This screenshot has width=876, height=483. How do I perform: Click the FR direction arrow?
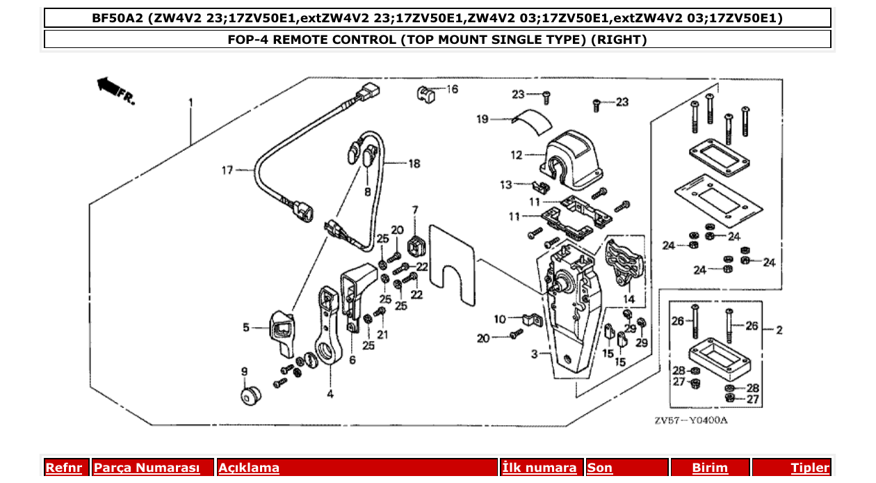111,88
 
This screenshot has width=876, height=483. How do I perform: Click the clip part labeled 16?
426,93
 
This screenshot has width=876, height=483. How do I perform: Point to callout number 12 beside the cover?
516,155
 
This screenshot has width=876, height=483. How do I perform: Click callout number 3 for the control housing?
534,354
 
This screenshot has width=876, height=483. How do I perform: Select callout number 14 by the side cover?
628,299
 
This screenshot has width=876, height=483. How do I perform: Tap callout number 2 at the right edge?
779,329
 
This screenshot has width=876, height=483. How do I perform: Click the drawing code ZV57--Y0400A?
690,421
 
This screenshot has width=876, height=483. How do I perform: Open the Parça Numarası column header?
147,468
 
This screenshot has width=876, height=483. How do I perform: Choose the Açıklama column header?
249,468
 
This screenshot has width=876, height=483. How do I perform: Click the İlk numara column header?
539,468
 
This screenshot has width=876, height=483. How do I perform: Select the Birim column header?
710,468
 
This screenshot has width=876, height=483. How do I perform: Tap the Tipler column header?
810,468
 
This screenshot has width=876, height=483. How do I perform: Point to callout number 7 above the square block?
415,209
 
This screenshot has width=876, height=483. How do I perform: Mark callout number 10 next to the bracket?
500,319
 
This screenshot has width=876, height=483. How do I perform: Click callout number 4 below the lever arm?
330,394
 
